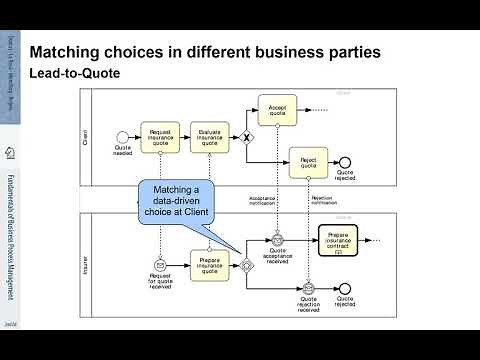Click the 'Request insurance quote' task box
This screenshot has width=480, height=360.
160,138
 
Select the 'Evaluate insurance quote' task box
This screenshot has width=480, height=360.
210,138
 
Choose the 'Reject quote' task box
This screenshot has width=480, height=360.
309,161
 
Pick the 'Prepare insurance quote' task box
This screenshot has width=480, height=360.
210,266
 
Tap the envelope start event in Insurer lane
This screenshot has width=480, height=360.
160,266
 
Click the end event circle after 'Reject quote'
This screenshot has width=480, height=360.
345,161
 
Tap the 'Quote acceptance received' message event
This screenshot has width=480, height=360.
278,241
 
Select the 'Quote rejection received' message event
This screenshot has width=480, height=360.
309,290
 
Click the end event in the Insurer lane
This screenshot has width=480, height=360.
345,290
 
